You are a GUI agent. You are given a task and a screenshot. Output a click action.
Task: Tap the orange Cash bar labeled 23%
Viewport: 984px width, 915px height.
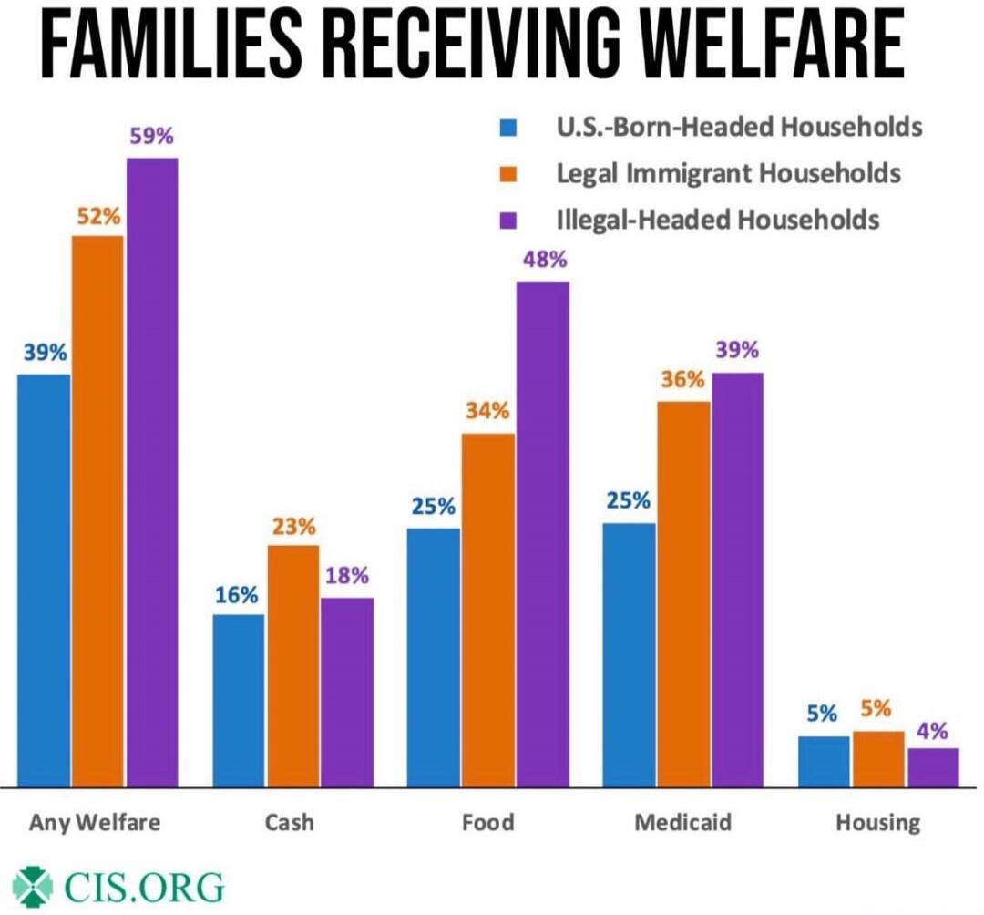pos(293,665)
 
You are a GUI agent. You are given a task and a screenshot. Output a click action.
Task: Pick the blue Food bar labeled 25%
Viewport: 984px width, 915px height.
pos(434,656)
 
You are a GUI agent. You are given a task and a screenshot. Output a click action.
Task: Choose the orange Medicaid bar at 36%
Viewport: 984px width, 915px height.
pos(683,592)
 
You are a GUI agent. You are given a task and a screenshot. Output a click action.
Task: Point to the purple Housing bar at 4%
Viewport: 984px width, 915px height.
pos(933,766)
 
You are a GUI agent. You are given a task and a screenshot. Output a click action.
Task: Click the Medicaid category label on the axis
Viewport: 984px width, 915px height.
pos(682,822)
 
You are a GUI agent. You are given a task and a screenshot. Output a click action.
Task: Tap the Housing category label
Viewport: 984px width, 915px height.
pos(878,822)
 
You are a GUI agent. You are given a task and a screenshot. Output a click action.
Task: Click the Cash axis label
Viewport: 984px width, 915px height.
pos(289,822)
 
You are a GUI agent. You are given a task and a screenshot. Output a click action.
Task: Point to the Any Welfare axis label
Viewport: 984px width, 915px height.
pos(95,822)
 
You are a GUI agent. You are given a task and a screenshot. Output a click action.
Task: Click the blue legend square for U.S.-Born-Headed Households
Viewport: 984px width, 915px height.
pos(509,127)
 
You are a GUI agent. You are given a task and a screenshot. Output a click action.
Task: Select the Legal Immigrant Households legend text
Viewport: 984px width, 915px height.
pos(728,173)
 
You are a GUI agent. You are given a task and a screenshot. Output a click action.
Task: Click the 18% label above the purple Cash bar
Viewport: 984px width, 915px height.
pos(346,576)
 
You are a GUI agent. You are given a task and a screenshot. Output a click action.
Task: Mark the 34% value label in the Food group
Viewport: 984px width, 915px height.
pos(487,411)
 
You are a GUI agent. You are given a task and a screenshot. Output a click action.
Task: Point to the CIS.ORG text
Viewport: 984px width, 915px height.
pos(144,886)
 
